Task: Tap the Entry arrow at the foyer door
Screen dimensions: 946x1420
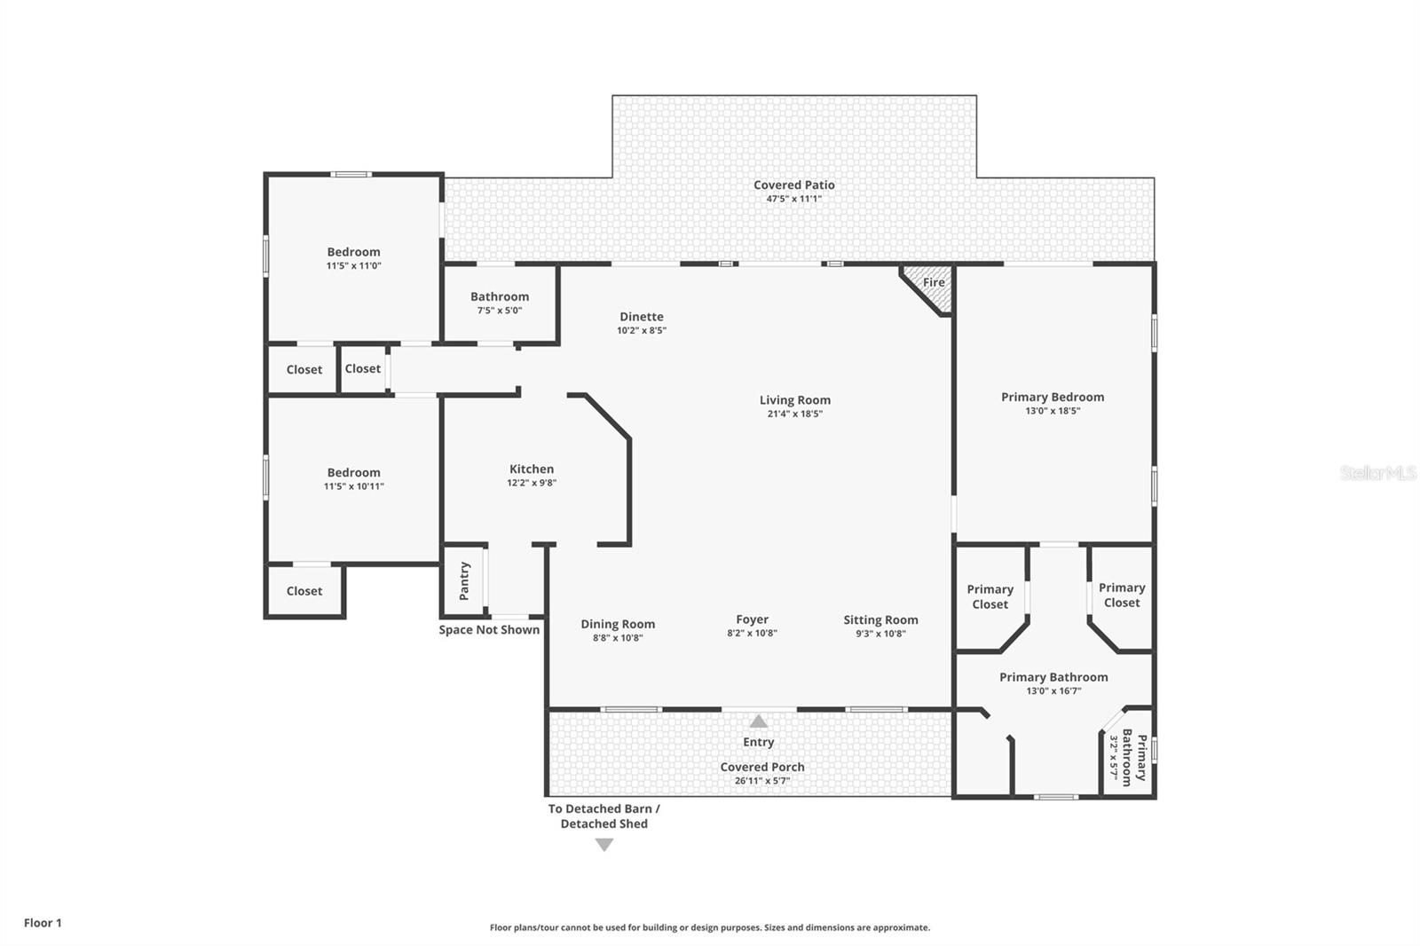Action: click(x=758, y=721)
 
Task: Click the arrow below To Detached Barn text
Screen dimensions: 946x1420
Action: click(x=604, y=845)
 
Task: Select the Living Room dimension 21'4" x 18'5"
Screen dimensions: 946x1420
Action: click(x=794, y=414)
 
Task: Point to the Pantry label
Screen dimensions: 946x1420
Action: click(x=464, y=580)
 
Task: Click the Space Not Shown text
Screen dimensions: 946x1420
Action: click(x=489, y=630)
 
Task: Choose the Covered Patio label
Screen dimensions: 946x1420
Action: click(x=793, y=185)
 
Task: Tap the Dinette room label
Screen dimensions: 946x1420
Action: click(x=641, y=316)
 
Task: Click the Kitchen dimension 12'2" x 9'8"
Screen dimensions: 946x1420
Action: click(x=531, y=483)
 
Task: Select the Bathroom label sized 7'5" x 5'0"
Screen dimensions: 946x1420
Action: click(x=499, y=296)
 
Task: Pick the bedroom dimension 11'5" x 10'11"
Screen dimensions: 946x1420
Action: click(x=353, y=486)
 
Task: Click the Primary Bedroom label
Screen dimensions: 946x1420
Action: click(x=1052, y=397)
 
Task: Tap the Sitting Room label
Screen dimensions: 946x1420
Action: click(x=880, y=619)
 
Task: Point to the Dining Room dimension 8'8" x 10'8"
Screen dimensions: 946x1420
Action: click(x=618, y=637)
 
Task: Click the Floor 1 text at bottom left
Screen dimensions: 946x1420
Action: click(x=43, y=923)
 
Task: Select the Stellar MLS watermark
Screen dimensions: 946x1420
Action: click(x=1377, y=473)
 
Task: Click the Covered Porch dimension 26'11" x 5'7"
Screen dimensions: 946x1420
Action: click(x=761, y=781)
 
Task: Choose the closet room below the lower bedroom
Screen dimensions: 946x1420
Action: click(x=304, y=591)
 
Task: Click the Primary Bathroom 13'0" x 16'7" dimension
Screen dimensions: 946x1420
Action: click(x=1053, y=690)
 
